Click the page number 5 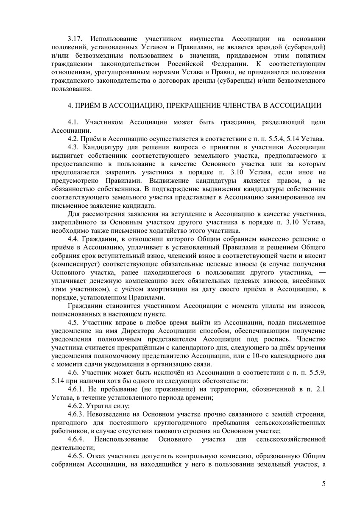tap(324, 484)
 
